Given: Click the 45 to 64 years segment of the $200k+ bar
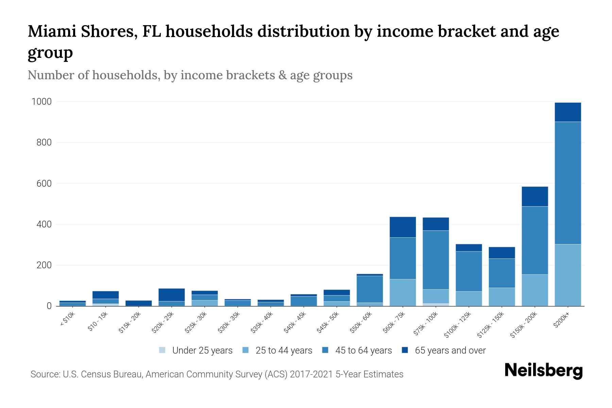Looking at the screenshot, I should point(567,183).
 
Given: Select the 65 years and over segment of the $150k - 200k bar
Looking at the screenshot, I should point(534,197).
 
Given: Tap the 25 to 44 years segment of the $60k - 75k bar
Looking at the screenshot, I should point(403,292).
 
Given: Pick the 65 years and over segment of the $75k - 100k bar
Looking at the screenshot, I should point(436,224).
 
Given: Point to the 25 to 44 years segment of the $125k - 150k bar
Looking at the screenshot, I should point(502,297).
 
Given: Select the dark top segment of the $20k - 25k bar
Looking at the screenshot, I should point(172,295).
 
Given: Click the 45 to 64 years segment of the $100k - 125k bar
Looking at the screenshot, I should point(469,271).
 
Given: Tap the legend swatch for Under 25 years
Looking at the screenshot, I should point(163,350).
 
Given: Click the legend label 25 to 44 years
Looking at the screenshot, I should point(284,351).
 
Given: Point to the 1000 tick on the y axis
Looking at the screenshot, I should point(41,102).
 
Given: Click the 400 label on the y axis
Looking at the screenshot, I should point(44,224).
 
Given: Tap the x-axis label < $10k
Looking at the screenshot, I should point(67,320).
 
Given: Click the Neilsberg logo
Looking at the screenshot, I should point(543,371).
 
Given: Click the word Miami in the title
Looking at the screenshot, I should point(50,31).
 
